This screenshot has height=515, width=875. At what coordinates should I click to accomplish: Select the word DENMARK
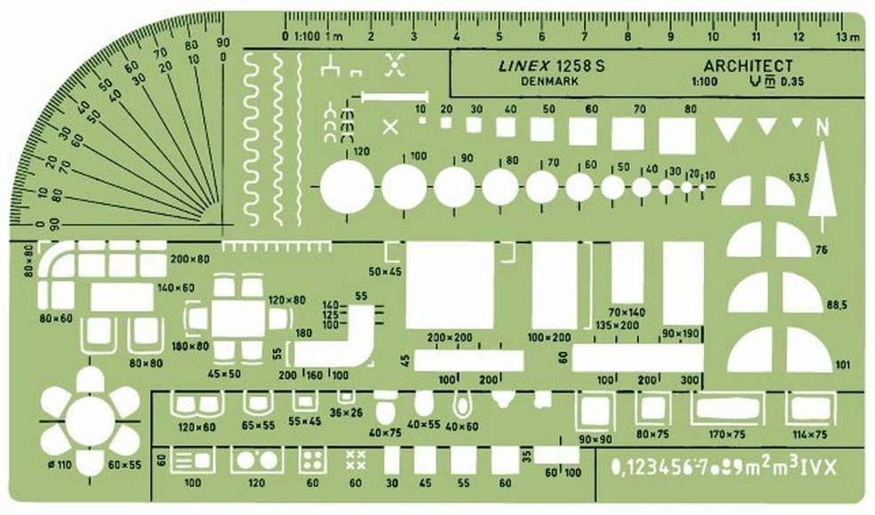550,82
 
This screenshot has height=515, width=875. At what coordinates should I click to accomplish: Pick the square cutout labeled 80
678,134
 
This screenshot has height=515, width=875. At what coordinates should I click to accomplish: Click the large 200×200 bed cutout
448,286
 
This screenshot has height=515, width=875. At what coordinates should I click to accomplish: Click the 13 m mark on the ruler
847,36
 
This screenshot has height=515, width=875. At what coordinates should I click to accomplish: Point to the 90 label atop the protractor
222,42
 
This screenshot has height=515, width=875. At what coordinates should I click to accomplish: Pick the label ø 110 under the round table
59,464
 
